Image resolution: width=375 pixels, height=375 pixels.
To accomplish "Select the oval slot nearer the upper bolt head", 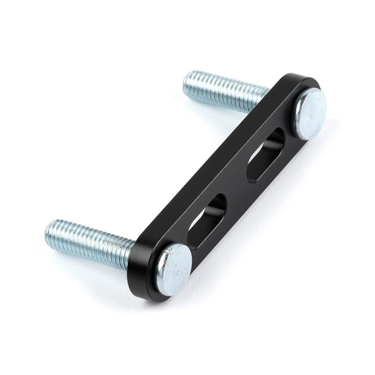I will [x=266, y=155].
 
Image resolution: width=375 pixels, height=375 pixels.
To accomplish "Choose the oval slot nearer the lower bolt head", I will [x=207, y=222].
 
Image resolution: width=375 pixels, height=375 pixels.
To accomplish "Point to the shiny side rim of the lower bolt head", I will [x=161, y=273].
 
